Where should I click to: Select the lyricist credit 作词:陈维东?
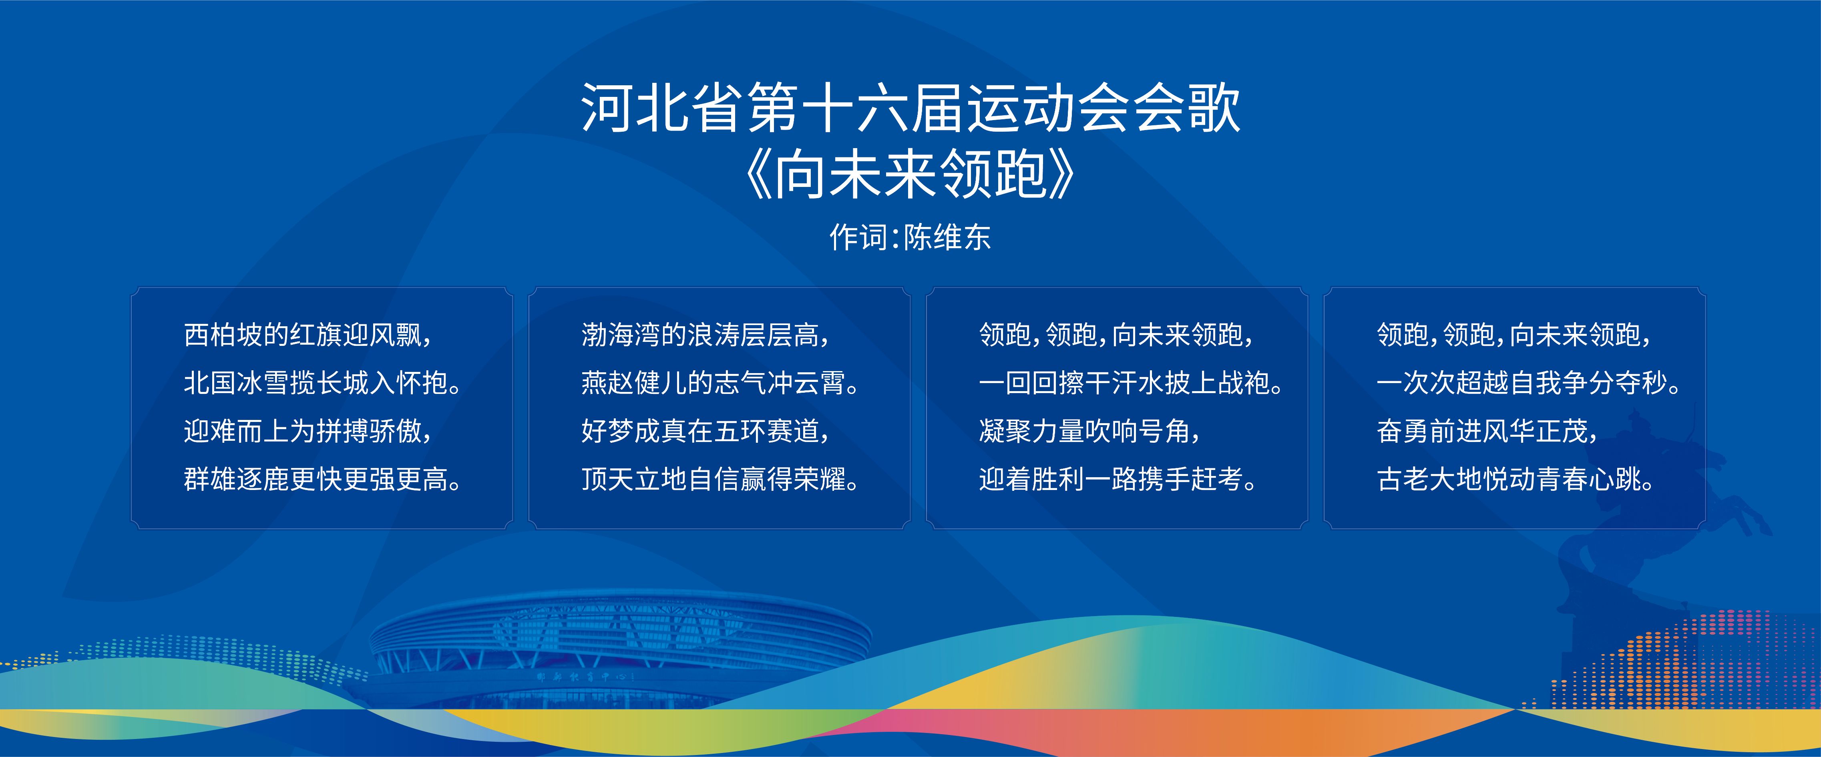coord(910,237)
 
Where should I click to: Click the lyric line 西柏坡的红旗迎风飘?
coord(308,334)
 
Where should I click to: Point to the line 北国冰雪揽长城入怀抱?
coord(322,383)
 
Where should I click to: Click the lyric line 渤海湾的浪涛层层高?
coord(705,334)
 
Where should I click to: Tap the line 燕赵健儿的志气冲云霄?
coord(720,383)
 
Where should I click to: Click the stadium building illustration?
coord(621,650)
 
